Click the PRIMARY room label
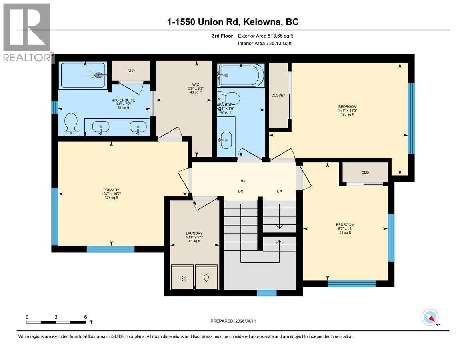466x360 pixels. pos(111,190)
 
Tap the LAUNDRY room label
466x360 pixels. pos(194,234)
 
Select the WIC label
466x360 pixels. pos(196,84)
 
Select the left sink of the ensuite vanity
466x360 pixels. pos(100,128)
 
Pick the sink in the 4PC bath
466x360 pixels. pos(226,140)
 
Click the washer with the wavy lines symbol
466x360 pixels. pos(182,278)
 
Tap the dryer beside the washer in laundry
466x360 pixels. pos(206,278)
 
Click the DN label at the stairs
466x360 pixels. pos(240,192)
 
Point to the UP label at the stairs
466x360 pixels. pos(279,192)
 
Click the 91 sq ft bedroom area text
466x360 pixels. pos(345,232)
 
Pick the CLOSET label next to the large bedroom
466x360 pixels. pos(278,95)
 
